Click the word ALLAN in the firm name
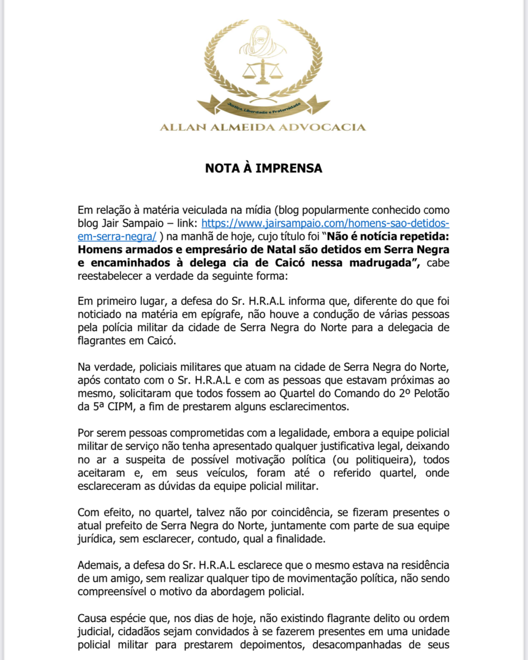pos(183,127)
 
